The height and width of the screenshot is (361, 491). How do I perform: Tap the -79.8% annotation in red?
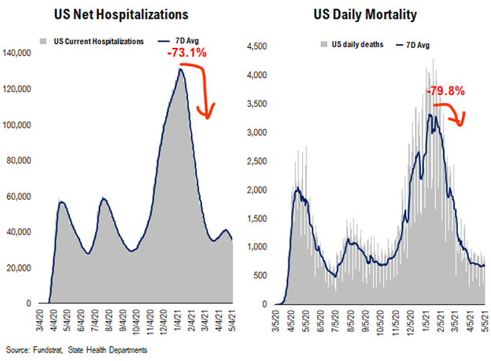[446, 91]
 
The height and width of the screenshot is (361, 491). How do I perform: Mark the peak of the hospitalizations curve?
[182, 69]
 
